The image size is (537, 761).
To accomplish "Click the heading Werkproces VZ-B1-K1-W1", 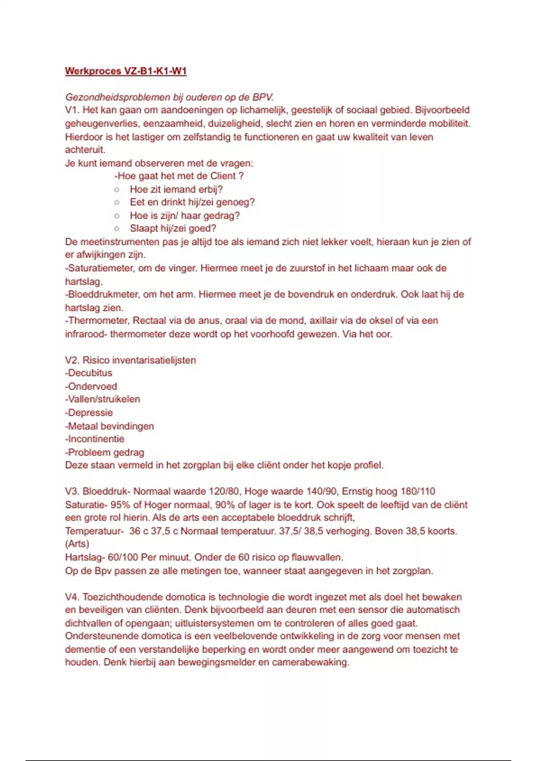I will [x=126, y=71].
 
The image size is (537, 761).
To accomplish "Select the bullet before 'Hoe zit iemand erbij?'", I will [x=117, y=189].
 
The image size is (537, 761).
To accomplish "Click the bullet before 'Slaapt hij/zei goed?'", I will [x=117, y=229].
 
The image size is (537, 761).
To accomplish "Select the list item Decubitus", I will [x=89, y=373].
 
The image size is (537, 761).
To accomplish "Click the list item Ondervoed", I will [x=92, y=386].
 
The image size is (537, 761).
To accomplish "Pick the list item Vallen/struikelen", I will [x=103, y=399].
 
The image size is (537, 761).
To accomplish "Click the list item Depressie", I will [x=89, y=413].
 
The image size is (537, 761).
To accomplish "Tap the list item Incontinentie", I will [x=95, y=439].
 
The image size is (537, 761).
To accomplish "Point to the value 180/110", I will [x=418, y=492].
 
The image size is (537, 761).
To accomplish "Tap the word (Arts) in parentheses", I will [x=77, y=544].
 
